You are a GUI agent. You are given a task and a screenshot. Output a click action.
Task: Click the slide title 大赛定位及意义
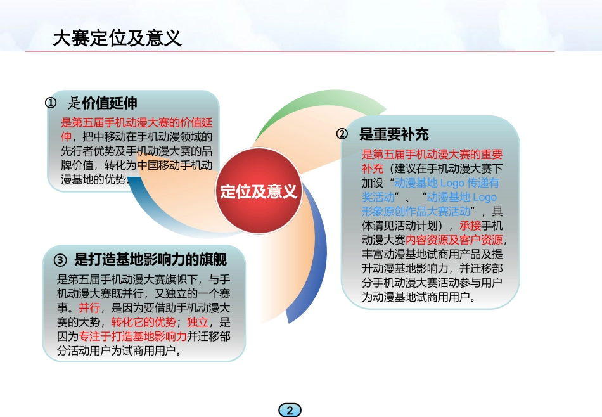coord(117,38)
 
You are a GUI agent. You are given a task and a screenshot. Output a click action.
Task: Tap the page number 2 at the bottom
coord(290,410)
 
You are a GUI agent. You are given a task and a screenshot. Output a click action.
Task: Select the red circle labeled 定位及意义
coord(259,191)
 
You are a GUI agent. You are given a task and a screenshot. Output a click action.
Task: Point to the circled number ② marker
coord(342,134)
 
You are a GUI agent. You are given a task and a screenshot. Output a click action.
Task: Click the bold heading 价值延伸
coord(110,103)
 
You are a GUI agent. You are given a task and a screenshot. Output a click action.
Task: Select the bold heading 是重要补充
coord(394,134)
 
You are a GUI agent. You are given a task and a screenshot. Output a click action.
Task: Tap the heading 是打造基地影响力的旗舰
coord(151,260)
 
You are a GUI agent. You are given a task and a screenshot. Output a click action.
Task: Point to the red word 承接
coord(471,226)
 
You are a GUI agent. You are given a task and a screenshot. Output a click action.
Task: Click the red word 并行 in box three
coord(89,308)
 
